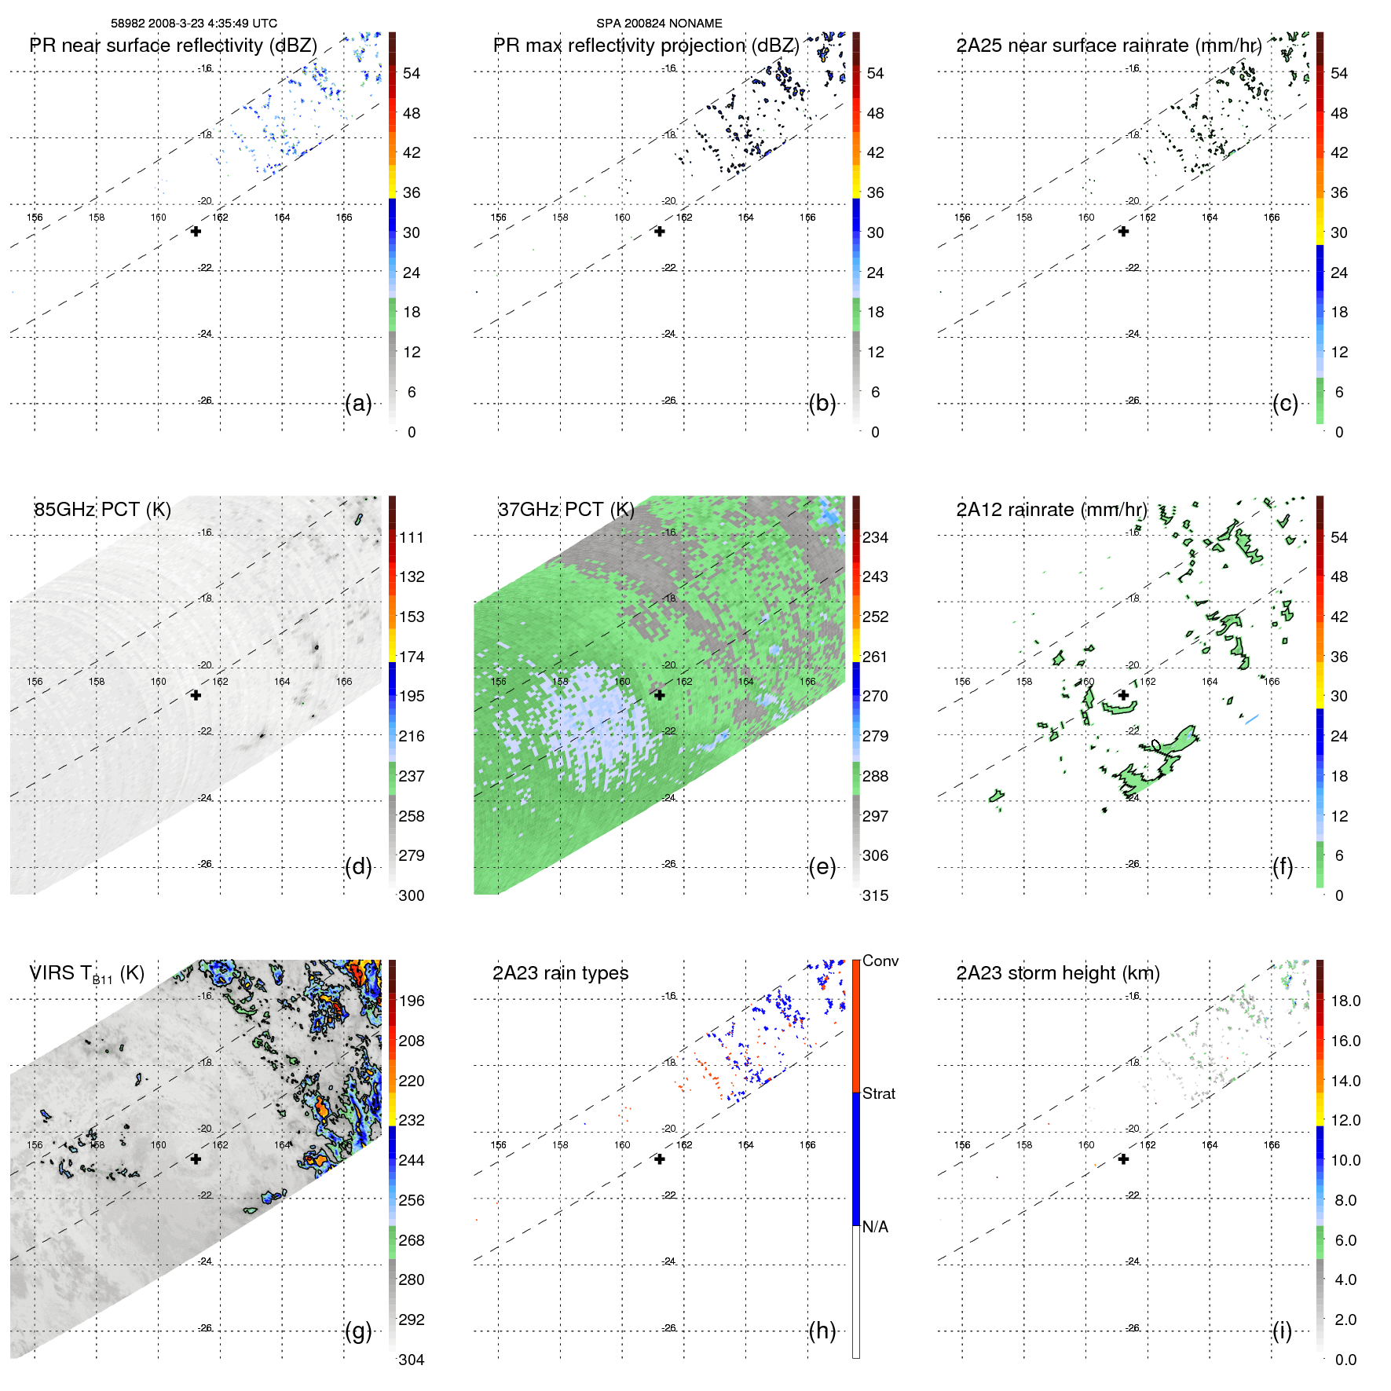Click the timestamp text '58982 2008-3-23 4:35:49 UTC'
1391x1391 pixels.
click(193, 24)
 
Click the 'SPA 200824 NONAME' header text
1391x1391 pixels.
click(659, 24)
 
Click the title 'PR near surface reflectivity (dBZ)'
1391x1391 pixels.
click(173, 46)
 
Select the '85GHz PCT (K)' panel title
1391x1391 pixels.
click(102, 510)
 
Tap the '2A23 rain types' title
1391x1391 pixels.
click(560, 973)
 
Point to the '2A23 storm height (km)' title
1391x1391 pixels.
click(1058, 973)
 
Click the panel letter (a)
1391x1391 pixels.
click(358, 404)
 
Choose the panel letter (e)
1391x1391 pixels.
click(822, 867)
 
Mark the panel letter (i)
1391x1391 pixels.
click(1282, 1331)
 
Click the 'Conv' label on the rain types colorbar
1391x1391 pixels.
click(880, 961)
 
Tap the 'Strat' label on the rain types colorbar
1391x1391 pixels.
click(879, 1093)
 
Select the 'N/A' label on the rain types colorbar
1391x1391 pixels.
click(875, 1227)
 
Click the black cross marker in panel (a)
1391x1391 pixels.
click(196, 232)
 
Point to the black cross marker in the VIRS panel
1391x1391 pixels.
click(196, 1159)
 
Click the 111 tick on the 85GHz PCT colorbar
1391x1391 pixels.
click(412, 538)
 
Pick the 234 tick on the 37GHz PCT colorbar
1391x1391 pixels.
click(875, 538)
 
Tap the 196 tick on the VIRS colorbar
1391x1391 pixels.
click(412, 1001)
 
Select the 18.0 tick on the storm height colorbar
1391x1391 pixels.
click(1345, 1001)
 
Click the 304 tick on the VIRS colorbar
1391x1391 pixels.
click(412, 1360)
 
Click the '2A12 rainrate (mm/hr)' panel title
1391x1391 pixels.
click(1052, 510)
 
